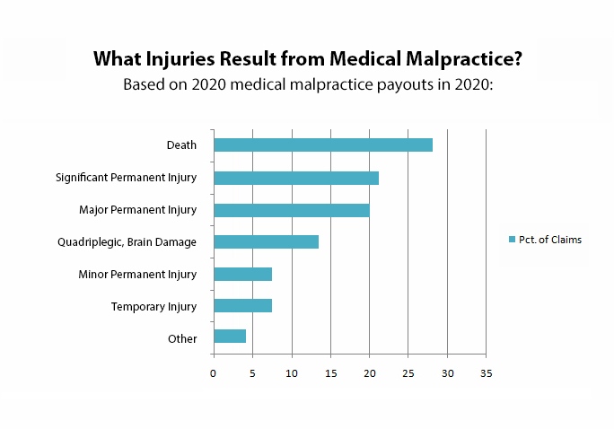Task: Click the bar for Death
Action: click(323, 145)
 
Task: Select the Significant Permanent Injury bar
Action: click(296, 178)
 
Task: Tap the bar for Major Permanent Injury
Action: click(292, 210)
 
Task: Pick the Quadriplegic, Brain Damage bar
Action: click(266, 241)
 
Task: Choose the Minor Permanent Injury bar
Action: click(242, 274)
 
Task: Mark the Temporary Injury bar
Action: click(242, 306)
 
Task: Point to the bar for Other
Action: click(230, 337)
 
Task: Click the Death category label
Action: click(181, 145)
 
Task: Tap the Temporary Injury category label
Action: click(153, 307)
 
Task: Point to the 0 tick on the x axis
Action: click(214, 372)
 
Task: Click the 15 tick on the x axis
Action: click(330, 372)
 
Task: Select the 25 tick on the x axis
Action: click(408, 372)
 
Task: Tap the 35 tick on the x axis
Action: click(486, 372)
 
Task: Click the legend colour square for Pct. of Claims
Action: click(512, 240)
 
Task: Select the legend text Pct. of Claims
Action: click(550, 240)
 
